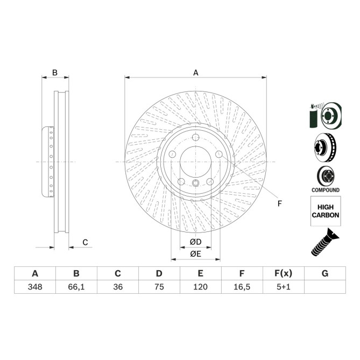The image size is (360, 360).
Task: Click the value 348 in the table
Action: pos(35,287)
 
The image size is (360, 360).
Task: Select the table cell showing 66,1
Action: pos(76,287)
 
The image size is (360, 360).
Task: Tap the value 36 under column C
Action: pos(118,287)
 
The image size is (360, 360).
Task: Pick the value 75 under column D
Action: pos(159,287)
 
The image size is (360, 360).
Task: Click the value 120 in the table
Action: pos(201,287)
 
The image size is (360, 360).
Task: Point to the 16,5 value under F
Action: pos(242,287)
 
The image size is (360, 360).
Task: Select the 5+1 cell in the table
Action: pos(284,287)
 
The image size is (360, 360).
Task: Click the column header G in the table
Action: pos(325,273)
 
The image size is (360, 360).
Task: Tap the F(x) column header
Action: pos(284,273)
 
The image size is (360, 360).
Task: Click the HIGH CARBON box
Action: pos(326,211)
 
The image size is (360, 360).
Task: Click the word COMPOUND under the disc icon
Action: pos(326,190)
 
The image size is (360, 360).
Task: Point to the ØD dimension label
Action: pos(196,242)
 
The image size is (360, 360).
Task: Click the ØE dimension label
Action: pos(196,254)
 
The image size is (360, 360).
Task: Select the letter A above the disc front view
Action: pos(196,73)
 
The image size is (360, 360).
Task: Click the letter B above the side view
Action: pos(54,73)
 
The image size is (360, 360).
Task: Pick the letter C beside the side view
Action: pos(85,242)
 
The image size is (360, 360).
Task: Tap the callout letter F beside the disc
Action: pos(279,203)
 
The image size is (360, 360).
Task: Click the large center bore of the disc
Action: pos(196,161)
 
